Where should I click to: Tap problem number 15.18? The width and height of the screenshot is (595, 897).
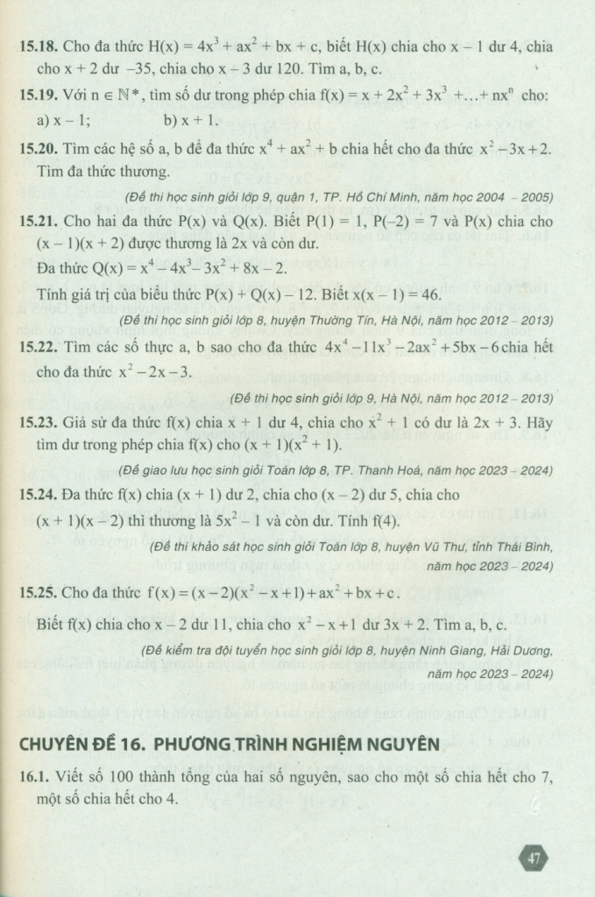pos(37,46)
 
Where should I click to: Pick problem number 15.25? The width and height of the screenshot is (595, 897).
pos(37,593)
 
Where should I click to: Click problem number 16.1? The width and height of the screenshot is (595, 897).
pos(33,776)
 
